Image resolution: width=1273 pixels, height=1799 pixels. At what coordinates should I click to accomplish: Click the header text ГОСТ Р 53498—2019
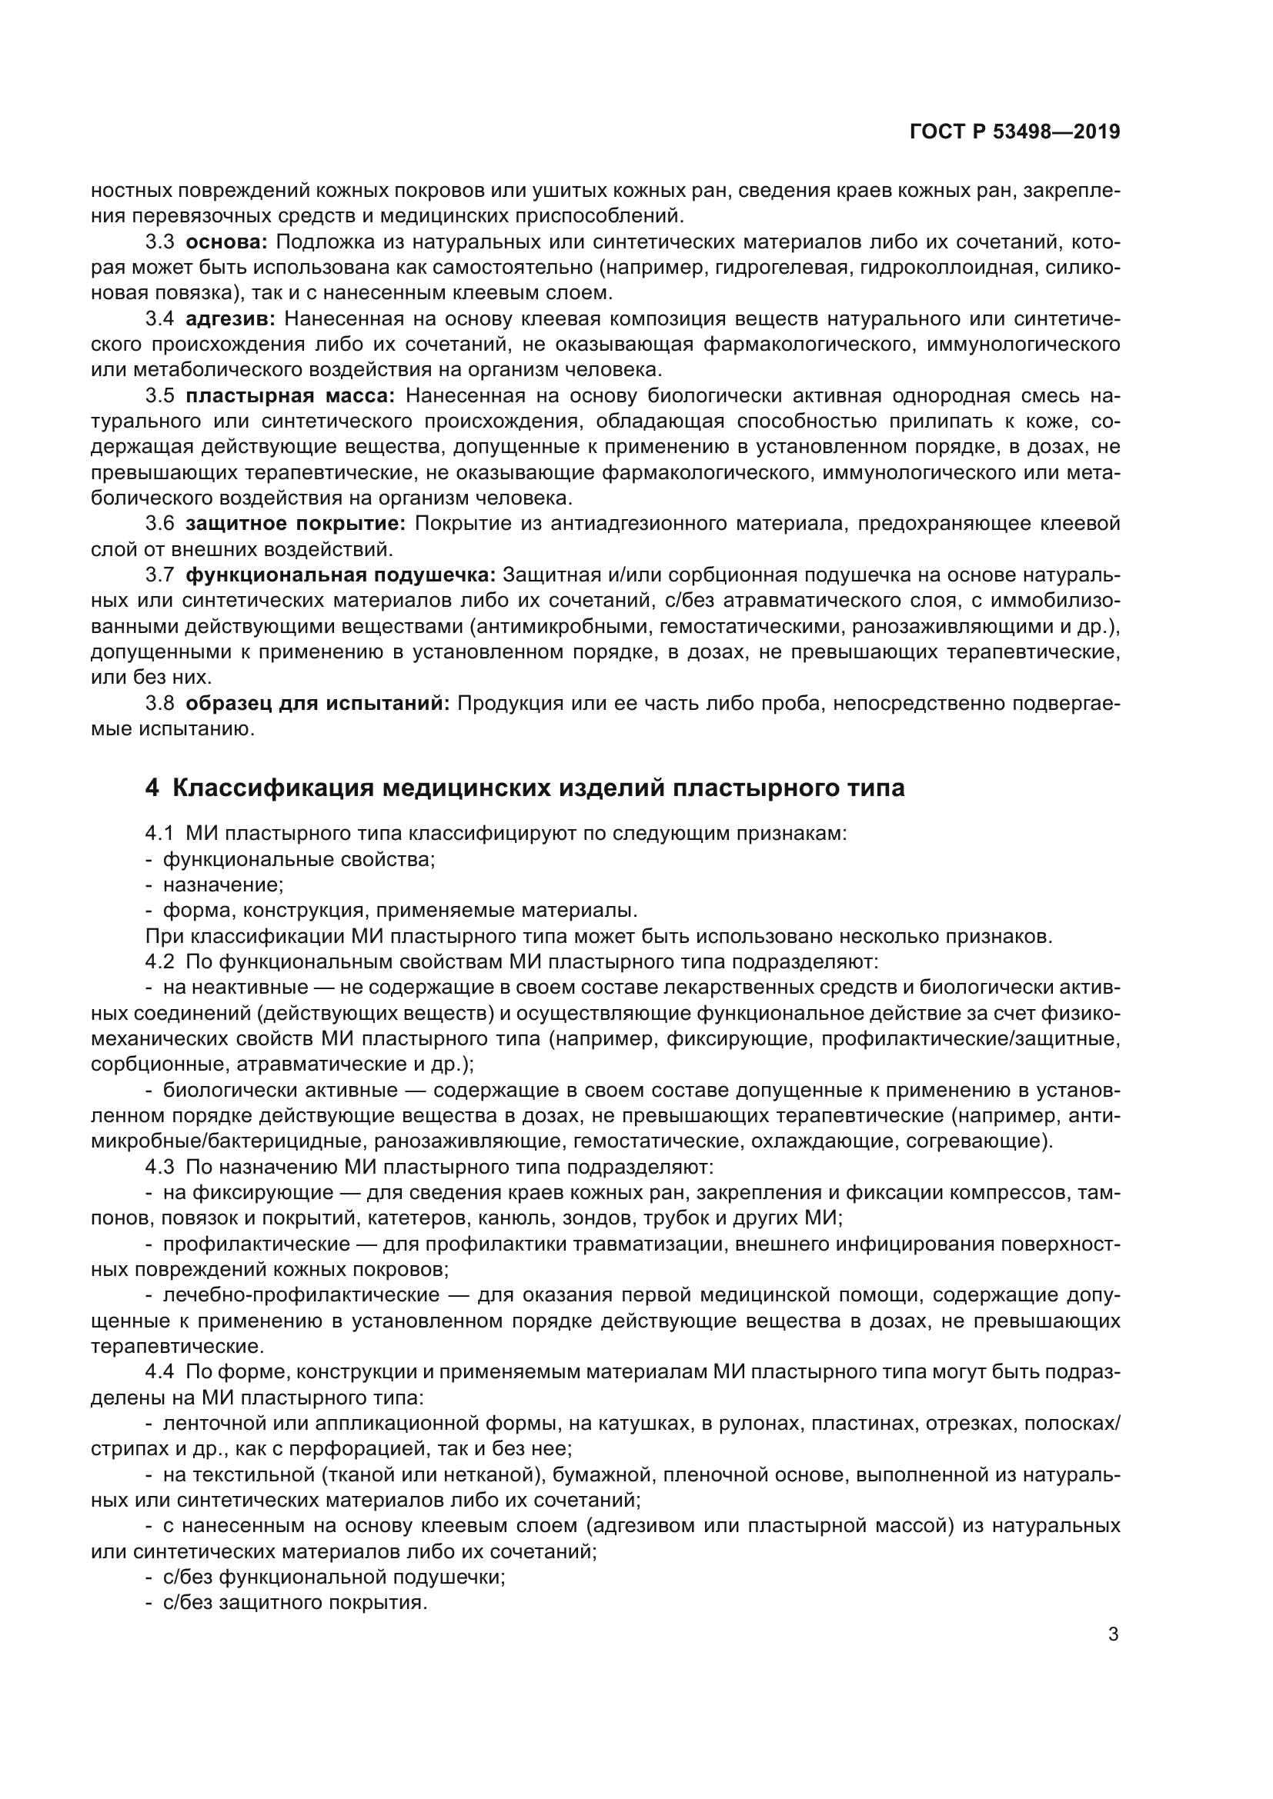click(x=1014, y=132)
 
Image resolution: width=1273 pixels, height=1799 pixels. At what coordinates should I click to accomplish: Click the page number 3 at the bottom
click(x=1113, y=1634)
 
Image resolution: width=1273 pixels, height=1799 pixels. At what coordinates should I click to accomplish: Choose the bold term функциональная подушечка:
click(x=340, y=575)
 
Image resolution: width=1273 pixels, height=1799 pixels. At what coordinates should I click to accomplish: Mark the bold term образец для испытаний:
click(x=317, y=703)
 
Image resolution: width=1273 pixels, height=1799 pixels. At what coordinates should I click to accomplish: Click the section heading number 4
click(x=152, y=788)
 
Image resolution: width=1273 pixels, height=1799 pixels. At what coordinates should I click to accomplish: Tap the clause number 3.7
click(x=159, y=575)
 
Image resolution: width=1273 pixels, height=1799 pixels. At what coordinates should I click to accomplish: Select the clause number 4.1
click(x=159, y=833)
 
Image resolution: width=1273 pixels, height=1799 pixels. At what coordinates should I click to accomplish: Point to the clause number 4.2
click(x=159, y=961)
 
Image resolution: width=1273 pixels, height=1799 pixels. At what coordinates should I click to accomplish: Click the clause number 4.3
click(x=159, y=1167)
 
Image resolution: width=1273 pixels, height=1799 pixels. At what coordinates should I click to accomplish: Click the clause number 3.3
click(x=159, y=242)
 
